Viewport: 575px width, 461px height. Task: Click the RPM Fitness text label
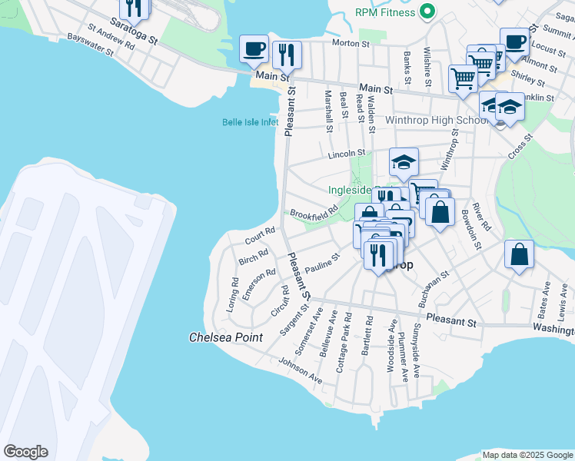[385, 12]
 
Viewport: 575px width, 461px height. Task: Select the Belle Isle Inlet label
[250, 122]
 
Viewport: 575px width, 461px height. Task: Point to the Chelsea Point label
[226, 337]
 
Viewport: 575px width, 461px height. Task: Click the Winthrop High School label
[437, 121]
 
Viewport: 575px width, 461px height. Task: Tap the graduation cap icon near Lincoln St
[404, 162]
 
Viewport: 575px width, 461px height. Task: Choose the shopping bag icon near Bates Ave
[519, 255]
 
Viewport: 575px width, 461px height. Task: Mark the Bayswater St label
[90, 45]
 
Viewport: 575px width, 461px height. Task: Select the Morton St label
[346, 43]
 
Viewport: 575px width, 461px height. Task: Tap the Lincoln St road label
[346, 154]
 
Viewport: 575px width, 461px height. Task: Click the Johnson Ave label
[300, 369]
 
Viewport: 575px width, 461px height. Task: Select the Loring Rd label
[234, 293]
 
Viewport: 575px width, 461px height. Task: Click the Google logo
[25, 452]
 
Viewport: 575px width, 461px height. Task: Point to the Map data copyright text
[527, 455]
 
